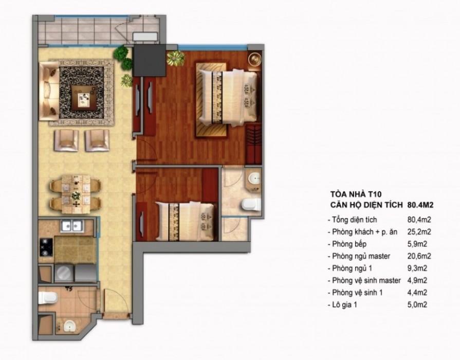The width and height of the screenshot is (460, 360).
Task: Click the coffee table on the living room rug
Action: pos(86,98)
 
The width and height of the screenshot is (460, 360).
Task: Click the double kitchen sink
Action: pos(72,226)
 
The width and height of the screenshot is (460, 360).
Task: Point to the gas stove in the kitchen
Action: pos(46,247)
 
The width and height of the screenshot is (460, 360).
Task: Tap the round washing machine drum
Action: pos(63,273)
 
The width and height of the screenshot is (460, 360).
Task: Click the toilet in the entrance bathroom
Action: pos(47,298)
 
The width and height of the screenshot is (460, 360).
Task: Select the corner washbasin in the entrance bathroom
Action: pos(69,326)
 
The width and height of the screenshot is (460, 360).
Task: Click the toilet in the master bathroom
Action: pos(251,204)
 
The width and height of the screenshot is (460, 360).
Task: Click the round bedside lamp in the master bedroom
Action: pos(254,59)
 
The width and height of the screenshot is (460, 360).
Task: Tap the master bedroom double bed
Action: pos(228,97)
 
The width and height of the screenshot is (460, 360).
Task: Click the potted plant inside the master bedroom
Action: pos(175,58)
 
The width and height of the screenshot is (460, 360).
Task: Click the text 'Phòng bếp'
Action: pos(349,244)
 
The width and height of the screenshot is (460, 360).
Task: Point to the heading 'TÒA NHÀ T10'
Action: pos(356,194)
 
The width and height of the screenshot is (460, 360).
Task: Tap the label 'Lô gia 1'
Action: pos(344,305)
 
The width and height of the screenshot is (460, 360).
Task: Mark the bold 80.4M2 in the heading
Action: pos(420,205)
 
